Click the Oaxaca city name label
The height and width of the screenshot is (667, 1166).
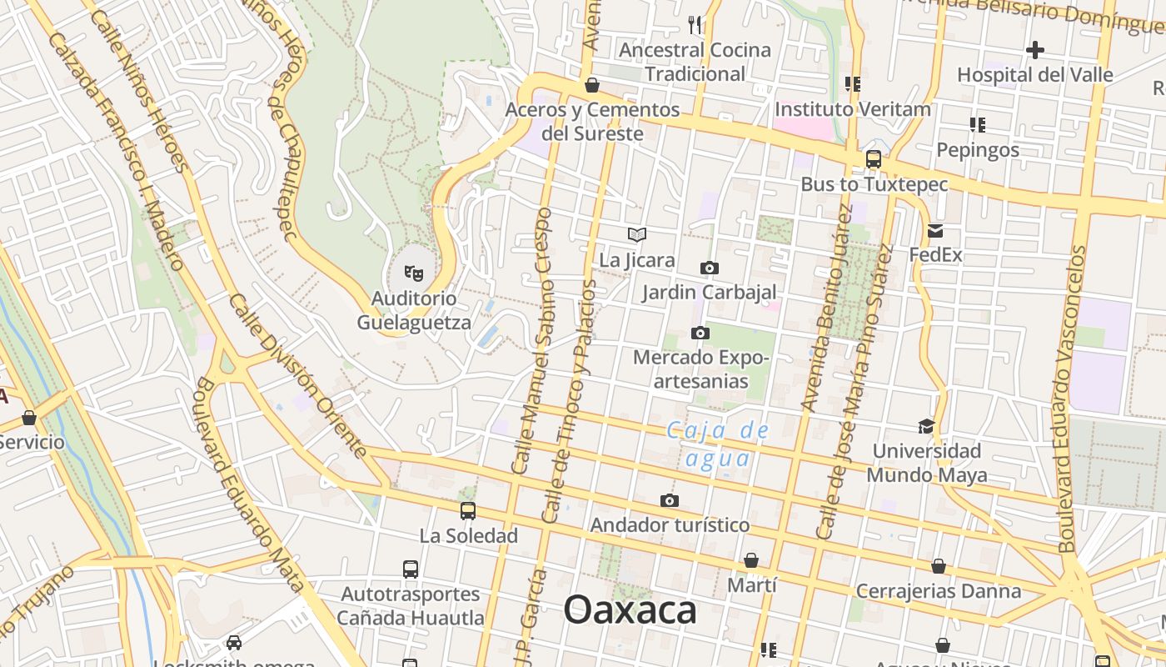630,610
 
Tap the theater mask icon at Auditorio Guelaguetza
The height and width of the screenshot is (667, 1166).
414,271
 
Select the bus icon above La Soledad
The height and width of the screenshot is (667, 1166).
468,510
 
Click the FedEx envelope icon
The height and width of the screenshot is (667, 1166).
935,231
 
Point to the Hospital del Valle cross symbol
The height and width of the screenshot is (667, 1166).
1034,50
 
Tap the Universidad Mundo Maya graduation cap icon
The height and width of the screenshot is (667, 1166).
926,426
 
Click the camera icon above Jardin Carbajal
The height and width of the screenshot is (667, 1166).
709,268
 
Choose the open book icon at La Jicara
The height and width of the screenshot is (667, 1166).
637,235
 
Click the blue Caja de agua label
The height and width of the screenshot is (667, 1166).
718,444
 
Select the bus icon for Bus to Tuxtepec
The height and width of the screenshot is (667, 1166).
874,159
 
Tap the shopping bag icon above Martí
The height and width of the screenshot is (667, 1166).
751,559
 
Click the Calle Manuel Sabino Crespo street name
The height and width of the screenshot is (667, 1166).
533,342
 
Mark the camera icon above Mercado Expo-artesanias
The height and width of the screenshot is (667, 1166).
700,333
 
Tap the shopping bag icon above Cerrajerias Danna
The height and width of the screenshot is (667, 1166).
939,566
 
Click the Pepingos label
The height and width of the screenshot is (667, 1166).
978,150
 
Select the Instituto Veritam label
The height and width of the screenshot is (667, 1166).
853,109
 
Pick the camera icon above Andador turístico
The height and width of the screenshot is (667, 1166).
669,500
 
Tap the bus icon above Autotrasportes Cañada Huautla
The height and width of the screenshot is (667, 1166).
411,569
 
